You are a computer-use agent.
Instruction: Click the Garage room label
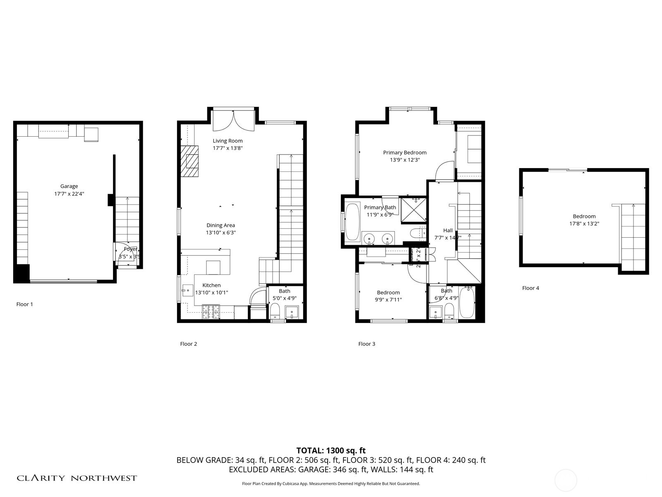(x=69, y=186)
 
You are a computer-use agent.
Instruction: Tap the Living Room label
(x=228, y=141)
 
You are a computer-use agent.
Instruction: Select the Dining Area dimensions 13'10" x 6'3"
(x=221, y=233)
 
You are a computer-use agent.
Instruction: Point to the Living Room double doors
(x=233, y=120)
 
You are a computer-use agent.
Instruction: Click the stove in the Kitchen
(x=211, y=312)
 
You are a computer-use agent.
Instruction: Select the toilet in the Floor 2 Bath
(x=275, y=310)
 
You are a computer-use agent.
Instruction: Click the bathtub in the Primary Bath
(x=353, y=221)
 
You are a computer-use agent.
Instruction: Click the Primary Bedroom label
(x=404, y=152)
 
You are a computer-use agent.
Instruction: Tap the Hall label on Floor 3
(x=448, y=230)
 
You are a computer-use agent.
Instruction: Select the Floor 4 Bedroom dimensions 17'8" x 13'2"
(x=584, y=224)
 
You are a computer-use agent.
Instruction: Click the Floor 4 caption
(x=530, y=288)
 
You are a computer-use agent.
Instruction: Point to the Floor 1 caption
(x=24, y=304)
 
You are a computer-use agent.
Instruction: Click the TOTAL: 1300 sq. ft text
(x=331, y=451)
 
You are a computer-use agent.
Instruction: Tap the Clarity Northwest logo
(x=77, y=478)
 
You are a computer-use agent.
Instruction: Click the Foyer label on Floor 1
(x=130, y=249)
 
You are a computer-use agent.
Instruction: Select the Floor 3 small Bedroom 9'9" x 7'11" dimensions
(x=388, y=300)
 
